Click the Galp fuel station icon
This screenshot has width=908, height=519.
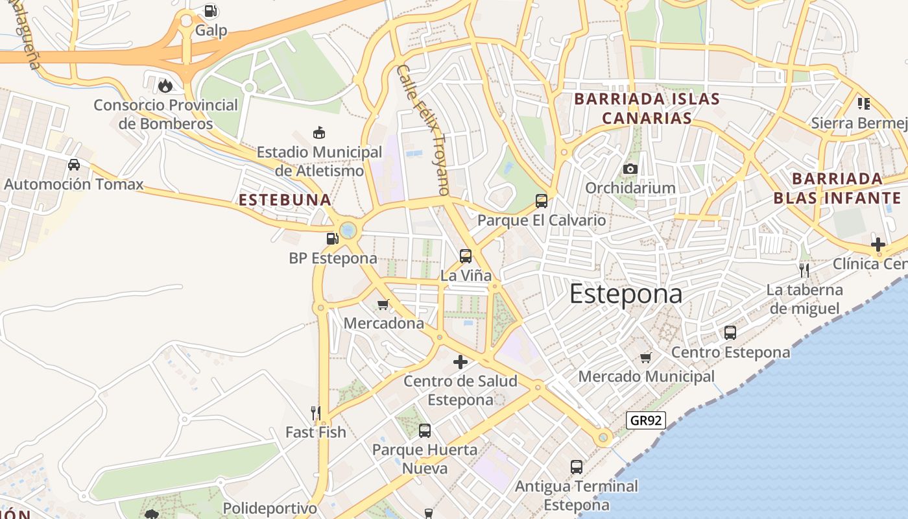[210, 11]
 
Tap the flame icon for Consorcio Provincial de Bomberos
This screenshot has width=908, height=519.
[165, 85]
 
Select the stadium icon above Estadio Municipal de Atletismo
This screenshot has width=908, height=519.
[318, 133]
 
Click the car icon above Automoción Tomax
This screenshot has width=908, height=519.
[74, 165]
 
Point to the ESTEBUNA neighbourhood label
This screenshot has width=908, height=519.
[285, 200]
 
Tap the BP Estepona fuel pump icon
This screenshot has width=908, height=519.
[333, 239]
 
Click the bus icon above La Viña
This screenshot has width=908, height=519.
[466, 256]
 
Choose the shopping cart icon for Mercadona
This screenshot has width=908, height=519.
[383, 304]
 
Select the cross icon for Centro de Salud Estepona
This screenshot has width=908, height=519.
[460, 361]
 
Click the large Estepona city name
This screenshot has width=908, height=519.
[626, 294]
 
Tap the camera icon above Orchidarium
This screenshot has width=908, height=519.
[630, 169]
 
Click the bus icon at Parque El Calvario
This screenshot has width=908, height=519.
[542, 200]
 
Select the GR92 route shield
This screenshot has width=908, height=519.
[647, 420]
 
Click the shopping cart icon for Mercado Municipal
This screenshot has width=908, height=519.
[645, 357]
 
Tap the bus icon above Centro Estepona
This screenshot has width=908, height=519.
[730, 333]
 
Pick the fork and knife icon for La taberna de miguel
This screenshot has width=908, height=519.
[804, 270]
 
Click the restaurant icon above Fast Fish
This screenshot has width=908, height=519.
[316, 413]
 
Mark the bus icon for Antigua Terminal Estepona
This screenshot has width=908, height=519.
[577, 466]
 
